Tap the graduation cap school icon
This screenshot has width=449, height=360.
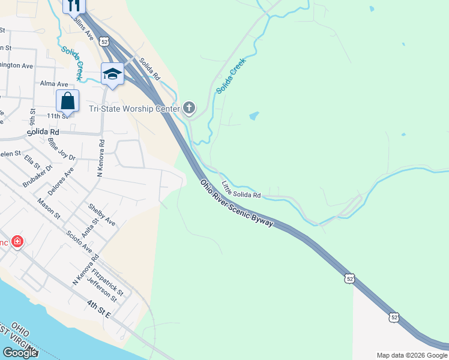(112, 74)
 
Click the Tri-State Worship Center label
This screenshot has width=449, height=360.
(134, 109)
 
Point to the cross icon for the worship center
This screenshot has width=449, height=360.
(189, 108)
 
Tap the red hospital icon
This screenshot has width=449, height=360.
(18, 242)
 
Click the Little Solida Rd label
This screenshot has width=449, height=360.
(241, 190)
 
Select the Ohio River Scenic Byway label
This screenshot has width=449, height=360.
(237, 203)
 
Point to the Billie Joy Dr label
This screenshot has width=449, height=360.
(61, 149)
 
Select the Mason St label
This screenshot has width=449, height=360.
(49, 208)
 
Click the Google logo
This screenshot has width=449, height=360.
(20, 352)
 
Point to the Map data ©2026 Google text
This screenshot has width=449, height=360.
(411, 355)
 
